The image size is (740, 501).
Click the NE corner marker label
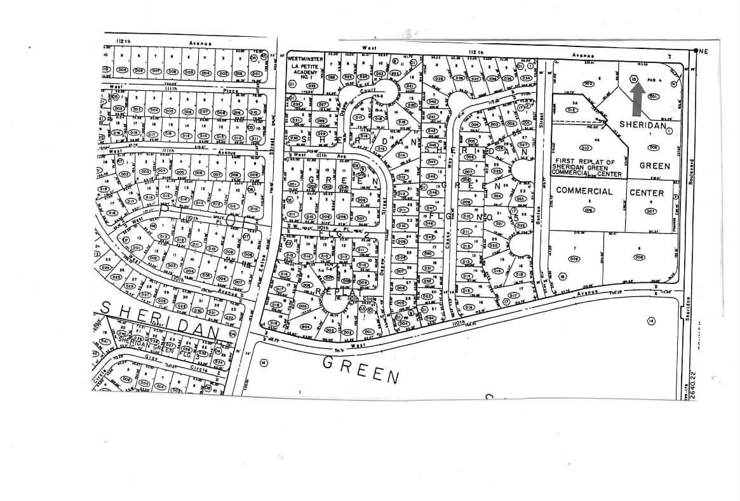click(703, 51)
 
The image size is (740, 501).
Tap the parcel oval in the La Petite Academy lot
click(293, 83)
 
